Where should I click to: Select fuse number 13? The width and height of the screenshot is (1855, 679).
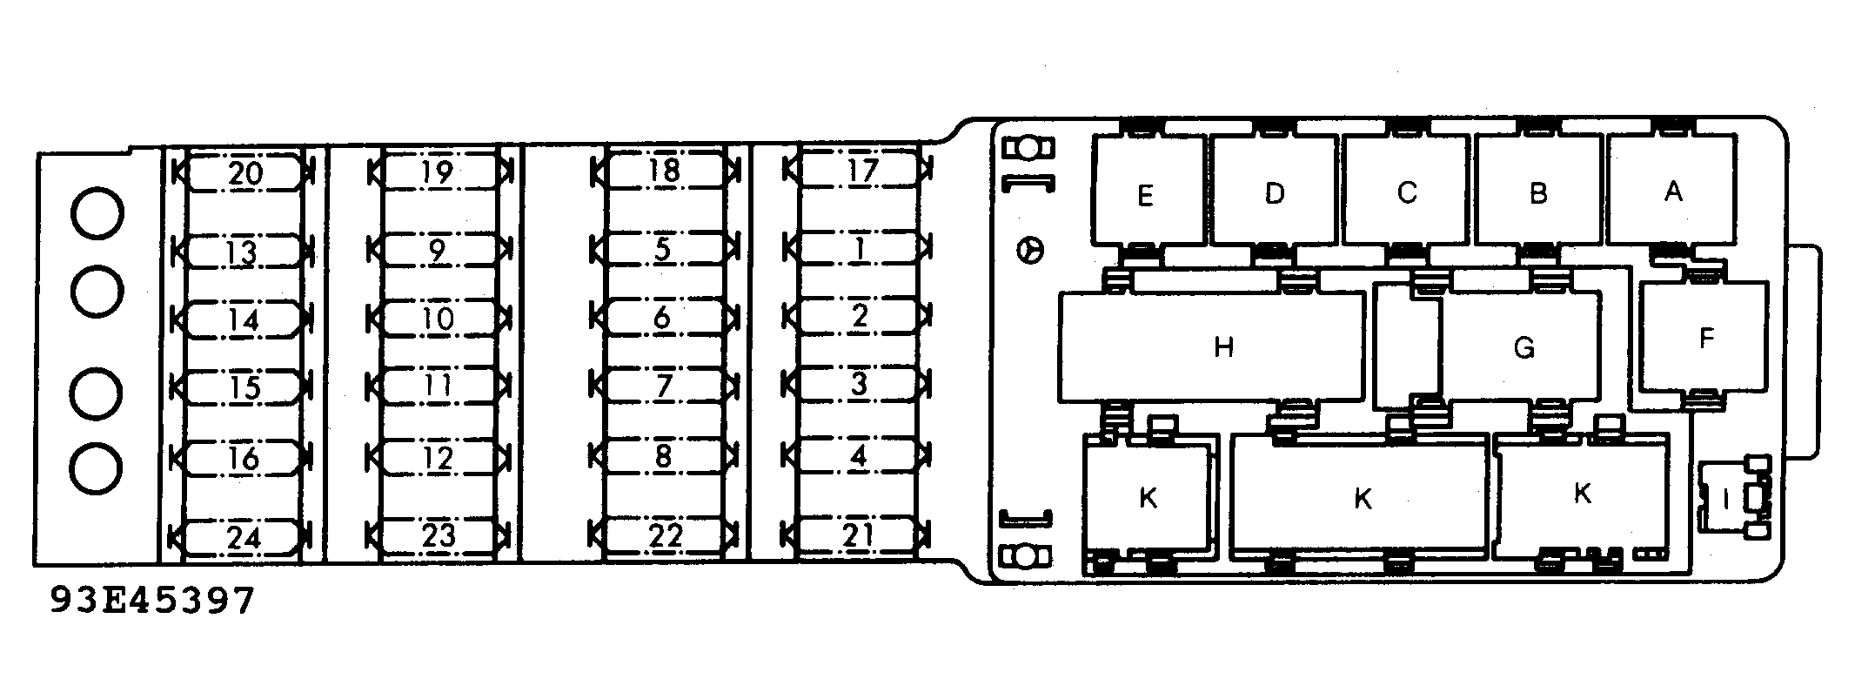[x=243, y=252]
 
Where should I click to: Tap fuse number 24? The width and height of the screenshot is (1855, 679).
[x=243, y=537]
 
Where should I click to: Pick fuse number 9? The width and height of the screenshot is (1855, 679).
[x=439, y=250]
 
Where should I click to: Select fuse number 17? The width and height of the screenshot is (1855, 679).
[x=859, y=169]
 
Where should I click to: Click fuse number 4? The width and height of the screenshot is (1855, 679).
[x=859, y=455]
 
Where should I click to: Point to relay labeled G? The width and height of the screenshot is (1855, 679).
[x=1488, y=347]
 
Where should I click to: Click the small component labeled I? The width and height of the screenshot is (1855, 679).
[x=1725, y=497]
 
